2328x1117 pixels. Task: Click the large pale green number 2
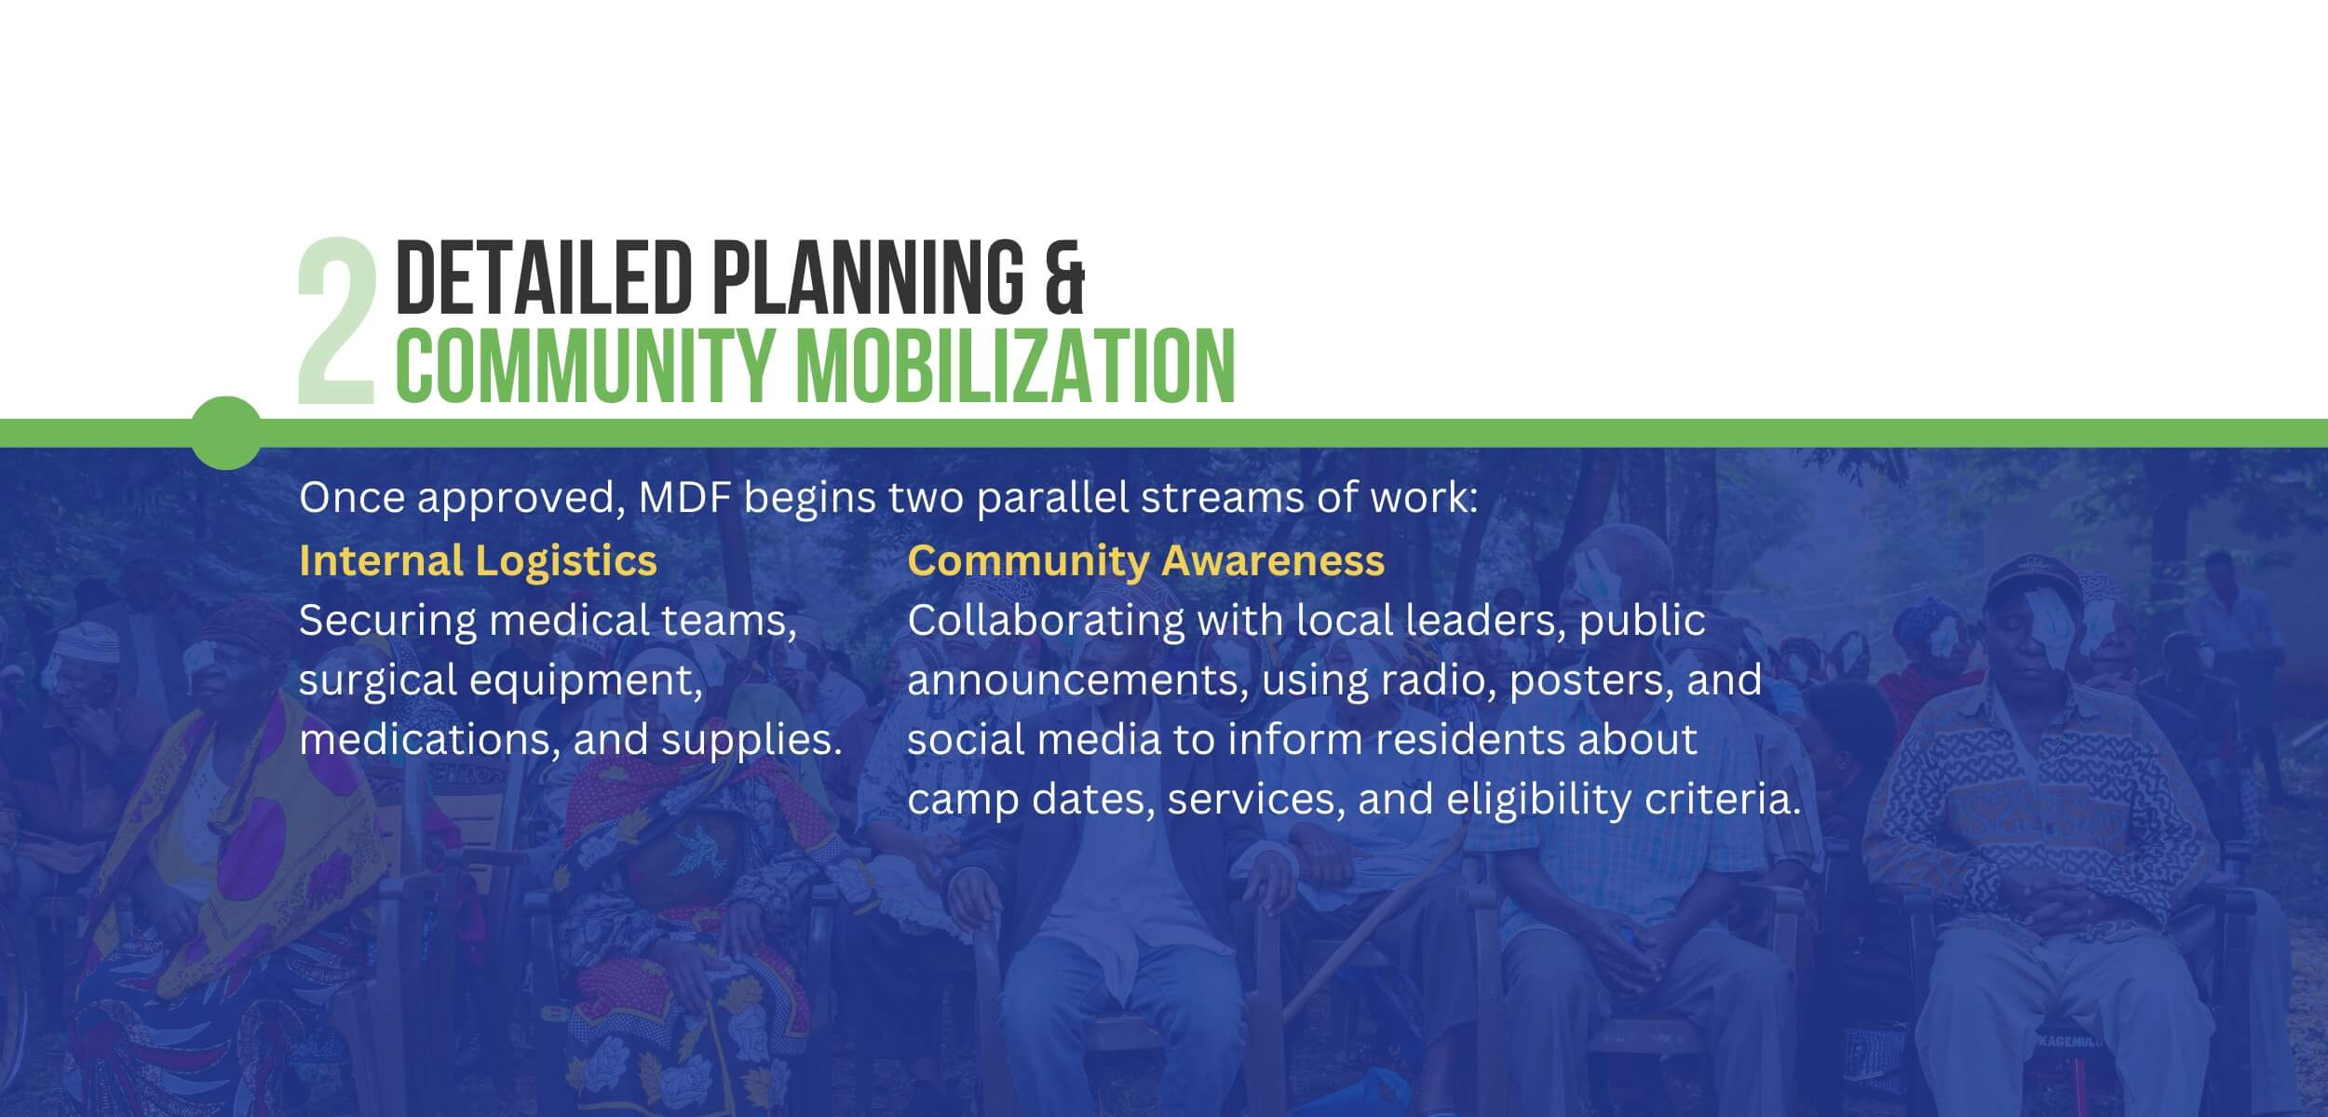[x=335, y=321]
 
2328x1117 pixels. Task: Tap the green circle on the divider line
[x=226, y=433]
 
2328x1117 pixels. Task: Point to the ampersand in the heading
[x=1064, y=276]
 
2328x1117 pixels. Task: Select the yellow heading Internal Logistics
[x=478, y=560]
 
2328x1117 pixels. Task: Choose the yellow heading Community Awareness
[x=1145, y=560]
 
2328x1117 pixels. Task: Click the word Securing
[x=383, y=621]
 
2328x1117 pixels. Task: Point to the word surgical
[x=377, y=680]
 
